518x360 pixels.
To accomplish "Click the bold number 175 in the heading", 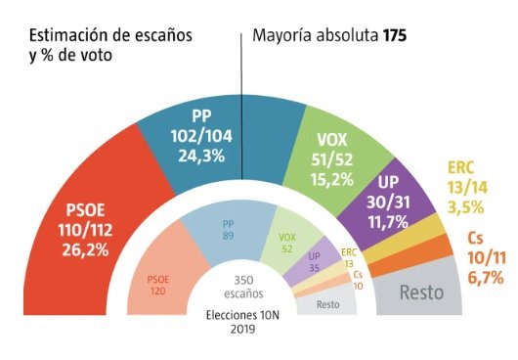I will tap(394, 36).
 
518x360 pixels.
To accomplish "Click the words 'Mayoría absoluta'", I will tap(316, 36).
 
